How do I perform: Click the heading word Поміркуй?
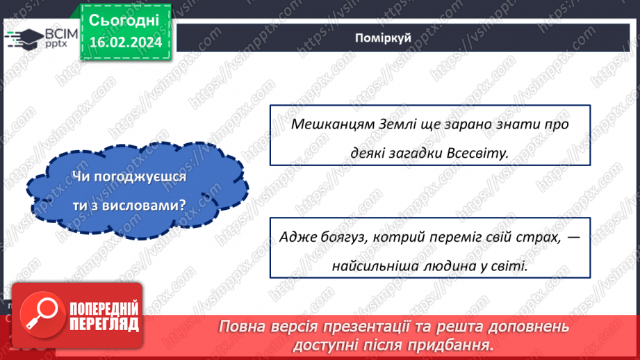coord(383,38)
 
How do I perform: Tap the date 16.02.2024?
coord(126,42)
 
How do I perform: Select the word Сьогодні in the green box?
coord(124,20)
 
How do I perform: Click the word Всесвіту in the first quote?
coord(477,153)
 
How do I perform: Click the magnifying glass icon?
coord(42,315)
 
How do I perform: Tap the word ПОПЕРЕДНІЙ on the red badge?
coord(104,309)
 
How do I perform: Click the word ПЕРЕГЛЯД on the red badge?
coord(104,325)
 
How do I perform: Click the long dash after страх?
coord(573,237)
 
